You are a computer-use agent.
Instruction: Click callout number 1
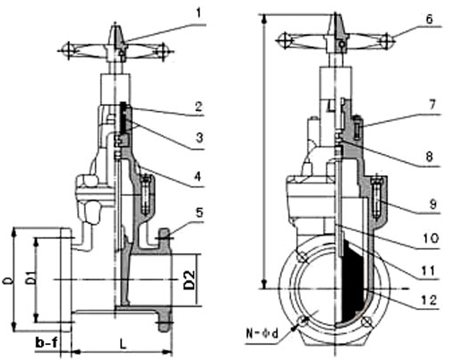tap(198, 13)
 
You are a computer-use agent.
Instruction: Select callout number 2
tap(199, 107)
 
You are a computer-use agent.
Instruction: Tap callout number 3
tap(200, 138)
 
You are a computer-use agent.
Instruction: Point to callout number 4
tap(198, 176)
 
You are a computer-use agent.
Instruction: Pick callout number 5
tap(199, 212)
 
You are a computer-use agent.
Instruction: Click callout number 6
tap(429, 19)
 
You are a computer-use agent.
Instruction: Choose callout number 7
tap(433, 105)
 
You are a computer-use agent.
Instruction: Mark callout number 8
tap(430, 157)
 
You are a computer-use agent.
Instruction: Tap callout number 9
tap(433, 204)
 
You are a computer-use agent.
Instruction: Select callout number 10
tap(431, 238)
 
